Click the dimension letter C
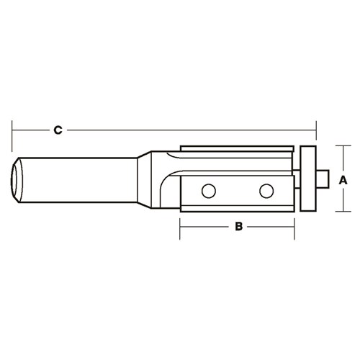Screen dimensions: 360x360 click(x=59, y=130)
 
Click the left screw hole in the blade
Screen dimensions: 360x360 click(x=208, y=191)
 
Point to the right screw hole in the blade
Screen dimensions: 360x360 click(x=266, y=191)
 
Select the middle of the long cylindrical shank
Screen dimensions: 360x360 click(x=79, y=179)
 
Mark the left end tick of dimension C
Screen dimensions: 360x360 click(x=13, y=130)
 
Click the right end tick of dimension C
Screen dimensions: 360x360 click(x=317, y=130)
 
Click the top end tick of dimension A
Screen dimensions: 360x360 click(x=338, y=147)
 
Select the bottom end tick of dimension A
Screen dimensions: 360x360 click(x=338, y=210)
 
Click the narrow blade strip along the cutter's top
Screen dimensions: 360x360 click(x=238, y=148)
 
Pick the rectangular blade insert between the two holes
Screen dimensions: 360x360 click(x=238, y=191)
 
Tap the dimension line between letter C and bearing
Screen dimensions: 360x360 click(x=187, y=130)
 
